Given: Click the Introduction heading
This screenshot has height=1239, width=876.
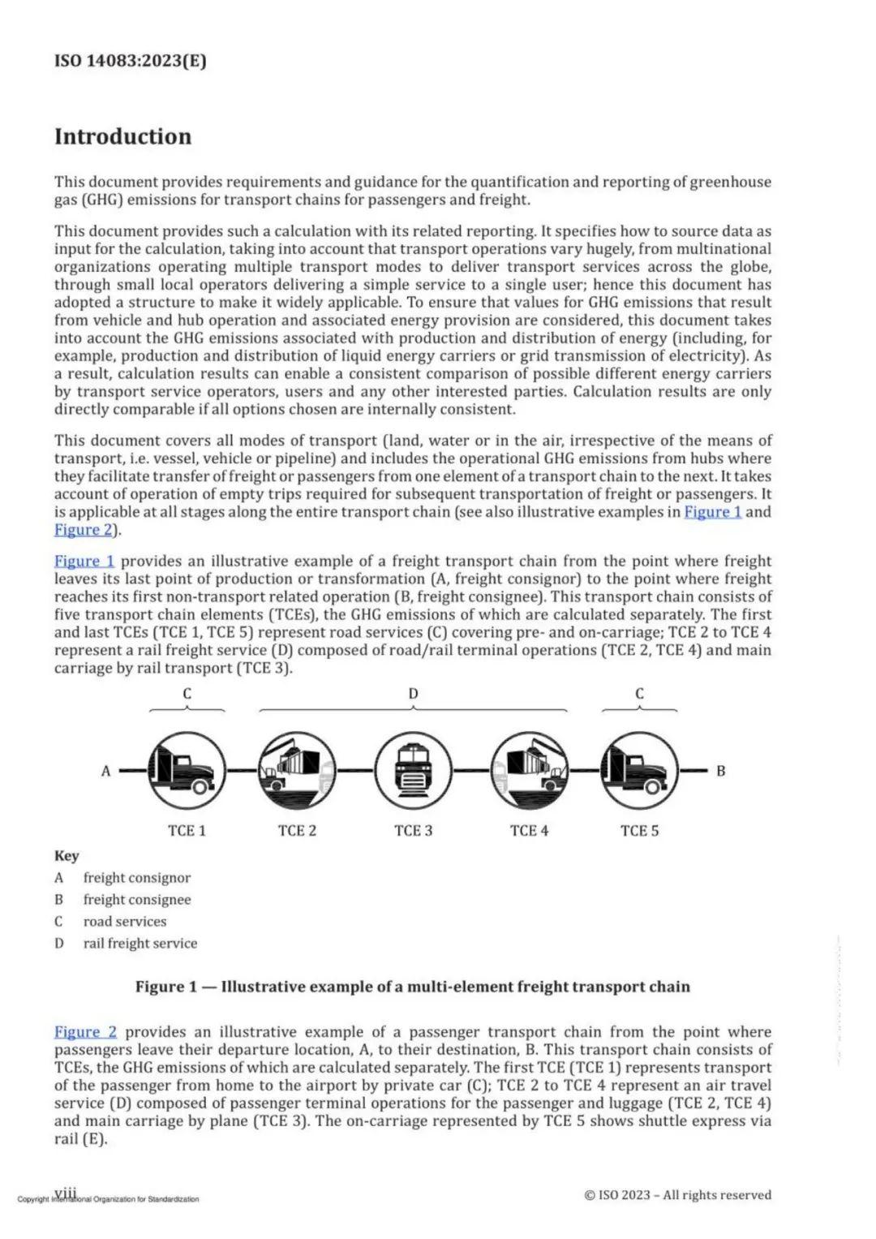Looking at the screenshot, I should point(122,136).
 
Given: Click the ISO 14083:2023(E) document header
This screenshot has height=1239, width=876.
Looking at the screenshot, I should point(130,61).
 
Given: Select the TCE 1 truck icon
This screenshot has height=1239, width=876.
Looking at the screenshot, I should point(186,771).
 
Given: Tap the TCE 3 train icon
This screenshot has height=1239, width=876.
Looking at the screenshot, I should point(413,771).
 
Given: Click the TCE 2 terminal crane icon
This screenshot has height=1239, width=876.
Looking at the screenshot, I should point(297,771).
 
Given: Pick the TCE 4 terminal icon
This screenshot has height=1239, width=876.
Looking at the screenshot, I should point(529,771).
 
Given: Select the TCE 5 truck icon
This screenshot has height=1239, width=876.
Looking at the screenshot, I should point(639,771).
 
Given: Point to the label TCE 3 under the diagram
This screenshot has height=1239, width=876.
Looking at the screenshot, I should point(413,830).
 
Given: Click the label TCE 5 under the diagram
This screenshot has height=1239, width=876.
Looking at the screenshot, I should point(639,830).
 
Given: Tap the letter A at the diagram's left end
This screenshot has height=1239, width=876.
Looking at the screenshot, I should point(105,771).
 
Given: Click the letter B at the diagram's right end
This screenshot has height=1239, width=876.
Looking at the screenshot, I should point(720,771).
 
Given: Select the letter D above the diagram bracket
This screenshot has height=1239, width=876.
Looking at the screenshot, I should point(413,694).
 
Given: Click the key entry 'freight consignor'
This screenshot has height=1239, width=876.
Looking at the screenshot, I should point(136,877).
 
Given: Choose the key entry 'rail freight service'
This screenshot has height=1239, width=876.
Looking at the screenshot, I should point(140,943).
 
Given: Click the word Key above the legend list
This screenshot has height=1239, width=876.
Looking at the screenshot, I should point(67,855).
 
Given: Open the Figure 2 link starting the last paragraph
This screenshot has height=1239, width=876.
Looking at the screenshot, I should point(85,1031).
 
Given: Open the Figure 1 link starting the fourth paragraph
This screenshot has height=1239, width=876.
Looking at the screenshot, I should point(84,561).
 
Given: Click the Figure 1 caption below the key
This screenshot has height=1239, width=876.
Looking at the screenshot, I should point(412,987).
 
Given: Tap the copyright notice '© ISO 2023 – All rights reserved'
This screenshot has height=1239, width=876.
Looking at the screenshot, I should point(677,1194).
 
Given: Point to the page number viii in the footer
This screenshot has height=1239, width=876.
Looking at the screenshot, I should point(66,1192).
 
